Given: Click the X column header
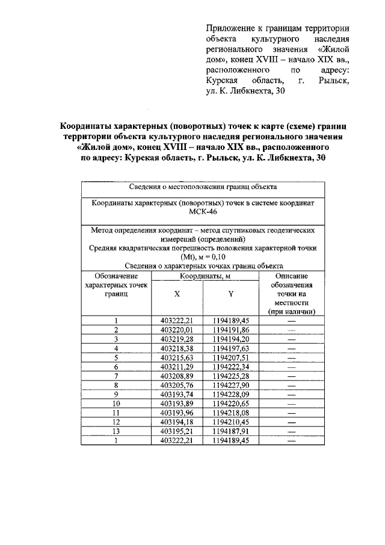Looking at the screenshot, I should (176, 294).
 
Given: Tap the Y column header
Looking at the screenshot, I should (231, 294).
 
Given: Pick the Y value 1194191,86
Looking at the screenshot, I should (231, 330).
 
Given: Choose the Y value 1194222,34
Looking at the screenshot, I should (231, 366).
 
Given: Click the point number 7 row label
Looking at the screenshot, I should (115, 376).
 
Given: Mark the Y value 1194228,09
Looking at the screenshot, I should (231, 394).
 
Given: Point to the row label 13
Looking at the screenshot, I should (115, 431).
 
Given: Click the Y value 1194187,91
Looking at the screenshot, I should (231, 431).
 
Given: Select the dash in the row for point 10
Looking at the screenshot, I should (292, 403).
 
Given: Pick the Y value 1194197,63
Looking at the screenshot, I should (231, 348).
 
